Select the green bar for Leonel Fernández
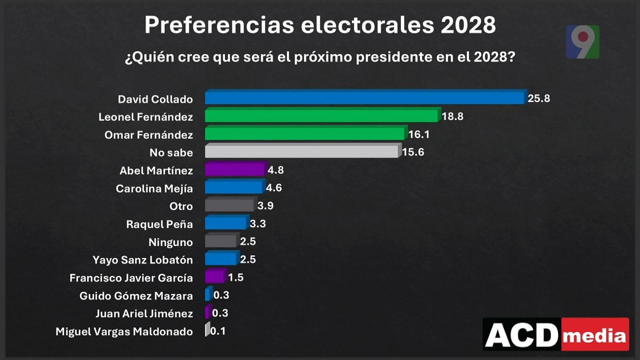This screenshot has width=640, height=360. coord(322,116)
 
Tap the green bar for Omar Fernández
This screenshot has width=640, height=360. coord(305,134)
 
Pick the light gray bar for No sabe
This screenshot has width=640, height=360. coord(302,151)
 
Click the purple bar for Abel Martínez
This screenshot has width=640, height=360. coord(234,170)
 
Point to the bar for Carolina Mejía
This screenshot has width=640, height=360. coord(233,188)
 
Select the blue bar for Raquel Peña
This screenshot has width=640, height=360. coord(226,223)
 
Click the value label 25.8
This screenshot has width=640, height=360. coord(539,98)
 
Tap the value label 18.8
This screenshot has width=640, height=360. coord(453,116)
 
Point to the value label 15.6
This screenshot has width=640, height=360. coord(413,152)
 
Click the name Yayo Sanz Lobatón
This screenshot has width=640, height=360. coord(142,260)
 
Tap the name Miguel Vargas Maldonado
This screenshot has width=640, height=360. coord(124,331)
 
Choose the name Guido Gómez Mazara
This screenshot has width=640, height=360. coord(136,296)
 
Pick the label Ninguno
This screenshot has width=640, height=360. coord(170,242)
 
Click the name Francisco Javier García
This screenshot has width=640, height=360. coord(131,278)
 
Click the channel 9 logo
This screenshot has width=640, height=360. coord(582,41)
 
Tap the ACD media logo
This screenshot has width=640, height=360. coord(556,334)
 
